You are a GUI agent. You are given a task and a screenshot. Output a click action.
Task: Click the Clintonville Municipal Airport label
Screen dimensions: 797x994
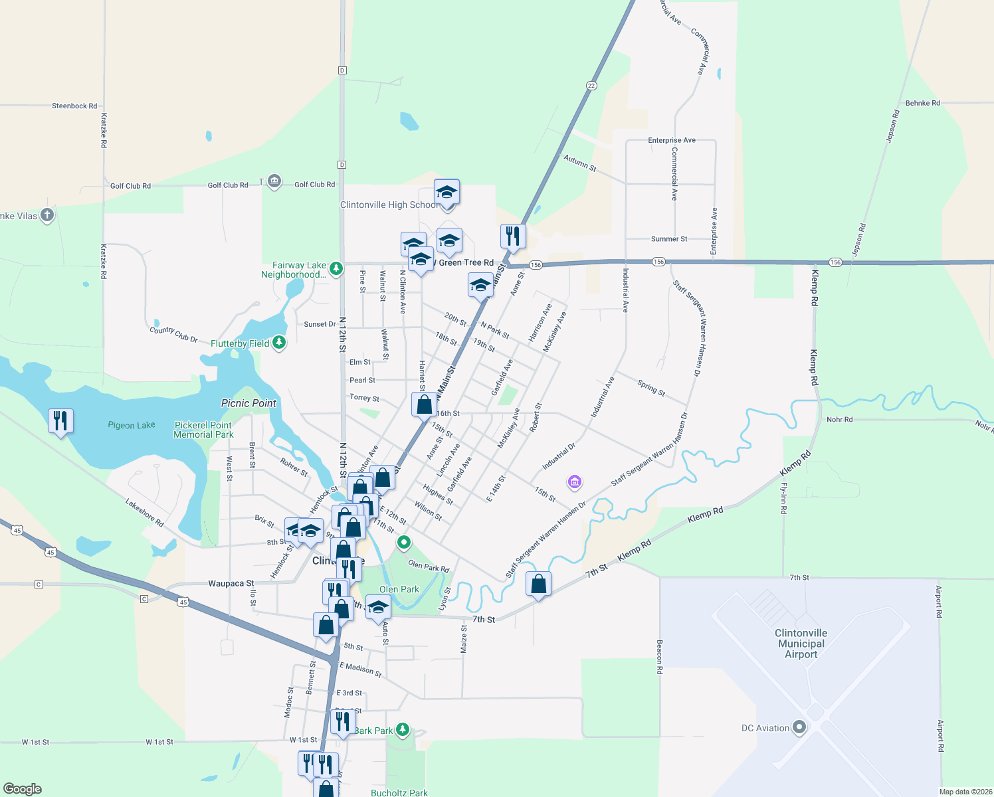pos(801,644)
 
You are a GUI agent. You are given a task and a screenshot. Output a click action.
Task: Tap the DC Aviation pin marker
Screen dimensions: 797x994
pos(799,728)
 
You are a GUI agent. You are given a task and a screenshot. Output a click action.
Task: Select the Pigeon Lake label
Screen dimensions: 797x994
pos(132,425)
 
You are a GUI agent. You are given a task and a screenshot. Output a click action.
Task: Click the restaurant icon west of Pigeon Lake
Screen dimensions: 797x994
pos(60,420)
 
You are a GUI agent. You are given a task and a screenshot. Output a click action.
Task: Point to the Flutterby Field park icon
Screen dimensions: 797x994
pos(280,343)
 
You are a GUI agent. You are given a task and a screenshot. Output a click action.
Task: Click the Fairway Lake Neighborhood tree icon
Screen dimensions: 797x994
pos(336,268)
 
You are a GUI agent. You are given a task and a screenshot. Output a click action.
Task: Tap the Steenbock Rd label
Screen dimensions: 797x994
pos(74,106)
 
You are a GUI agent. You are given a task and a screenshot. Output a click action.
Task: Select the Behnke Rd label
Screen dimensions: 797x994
pos(922,103)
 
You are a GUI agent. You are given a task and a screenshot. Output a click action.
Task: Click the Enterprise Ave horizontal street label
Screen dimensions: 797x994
pos(672,140)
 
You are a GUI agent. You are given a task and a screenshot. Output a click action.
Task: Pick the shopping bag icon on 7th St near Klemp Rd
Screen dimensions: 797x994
pos(539,584)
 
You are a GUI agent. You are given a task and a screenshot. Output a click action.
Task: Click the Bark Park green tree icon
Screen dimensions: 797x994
pos(402,730)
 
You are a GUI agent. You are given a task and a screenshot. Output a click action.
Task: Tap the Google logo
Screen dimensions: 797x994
pos(23,789)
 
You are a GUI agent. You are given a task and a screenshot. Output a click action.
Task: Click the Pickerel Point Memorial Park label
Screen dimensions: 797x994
pos(203,430)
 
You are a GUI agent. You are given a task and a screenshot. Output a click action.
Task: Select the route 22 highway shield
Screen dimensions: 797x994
pos(591,86)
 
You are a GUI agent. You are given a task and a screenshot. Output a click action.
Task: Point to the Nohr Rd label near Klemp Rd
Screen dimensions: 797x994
pos(839,420)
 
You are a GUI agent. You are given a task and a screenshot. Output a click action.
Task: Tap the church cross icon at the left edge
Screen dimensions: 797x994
pos(47,215)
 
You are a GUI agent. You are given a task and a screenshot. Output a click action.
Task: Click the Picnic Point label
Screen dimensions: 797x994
pos(248,403)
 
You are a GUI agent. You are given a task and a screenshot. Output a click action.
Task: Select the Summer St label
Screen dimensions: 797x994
pos(669,239)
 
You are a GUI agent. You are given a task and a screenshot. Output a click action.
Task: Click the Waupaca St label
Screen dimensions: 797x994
pos(231,584)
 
